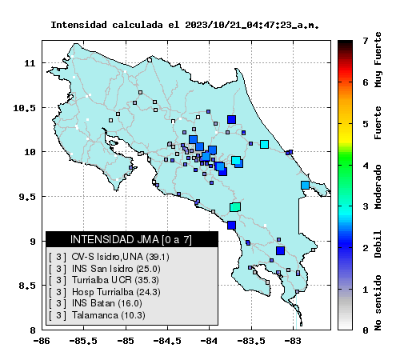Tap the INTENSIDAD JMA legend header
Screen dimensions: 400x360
click(131, 239)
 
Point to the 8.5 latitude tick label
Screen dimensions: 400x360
click(27, 286)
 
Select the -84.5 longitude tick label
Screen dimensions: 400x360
click(168, 341)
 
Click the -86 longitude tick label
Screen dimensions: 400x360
click(42, 341)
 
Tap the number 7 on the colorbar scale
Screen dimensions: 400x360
click(366, 41)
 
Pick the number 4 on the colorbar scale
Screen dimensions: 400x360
click(366, 166)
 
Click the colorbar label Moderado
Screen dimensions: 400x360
click(378, 186)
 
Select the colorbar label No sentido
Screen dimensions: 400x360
click(378, 302)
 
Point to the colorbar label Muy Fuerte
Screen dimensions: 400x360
click(378, 60)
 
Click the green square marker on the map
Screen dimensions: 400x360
click(235, 207)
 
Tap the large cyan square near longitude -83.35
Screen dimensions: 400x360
click(264, 144)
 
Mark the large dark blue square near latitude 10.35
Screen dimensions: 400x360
click(232, 120)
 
